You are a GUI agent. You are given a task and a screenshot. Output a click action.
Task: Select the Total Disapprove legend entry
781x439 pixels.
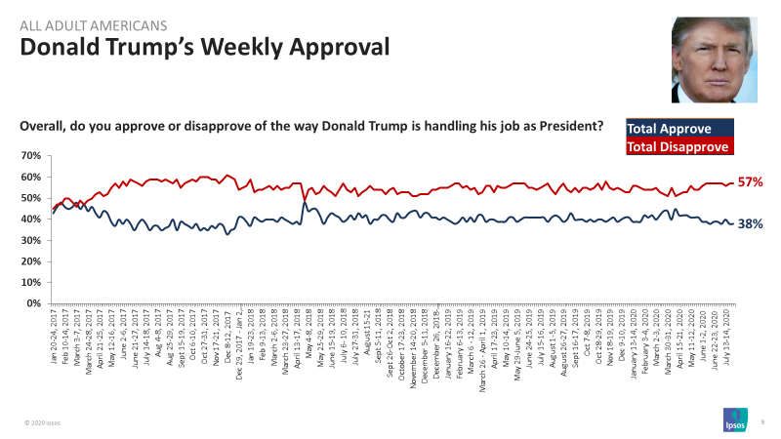(678, 146)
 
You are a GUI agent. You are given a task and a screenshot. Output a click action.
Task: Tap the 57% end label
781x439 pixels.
(750, 182)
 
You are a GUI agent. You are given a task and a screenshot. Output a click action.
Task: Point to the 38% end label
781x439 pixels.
(750, 223)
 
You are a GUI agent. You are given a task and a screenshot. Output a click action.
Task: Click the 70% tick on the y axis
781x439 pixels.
(29, 156)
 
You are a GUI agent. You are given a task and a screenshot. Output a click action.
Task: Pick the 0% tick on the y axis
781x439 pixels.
(32, 303)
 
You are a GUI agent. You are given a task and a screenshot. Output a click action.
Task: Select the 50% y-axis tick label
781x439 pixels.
(29, 198)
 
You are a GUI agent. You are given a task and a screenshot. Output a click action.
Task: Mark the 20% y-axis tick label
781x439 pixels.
(29, 261)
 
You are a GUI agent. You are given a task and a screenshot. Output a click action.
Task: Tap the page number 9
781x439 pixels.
(761, 421)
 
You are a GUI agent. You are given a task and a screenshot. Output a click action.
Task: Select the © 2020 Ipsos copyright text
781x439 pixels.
(43, 423)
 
